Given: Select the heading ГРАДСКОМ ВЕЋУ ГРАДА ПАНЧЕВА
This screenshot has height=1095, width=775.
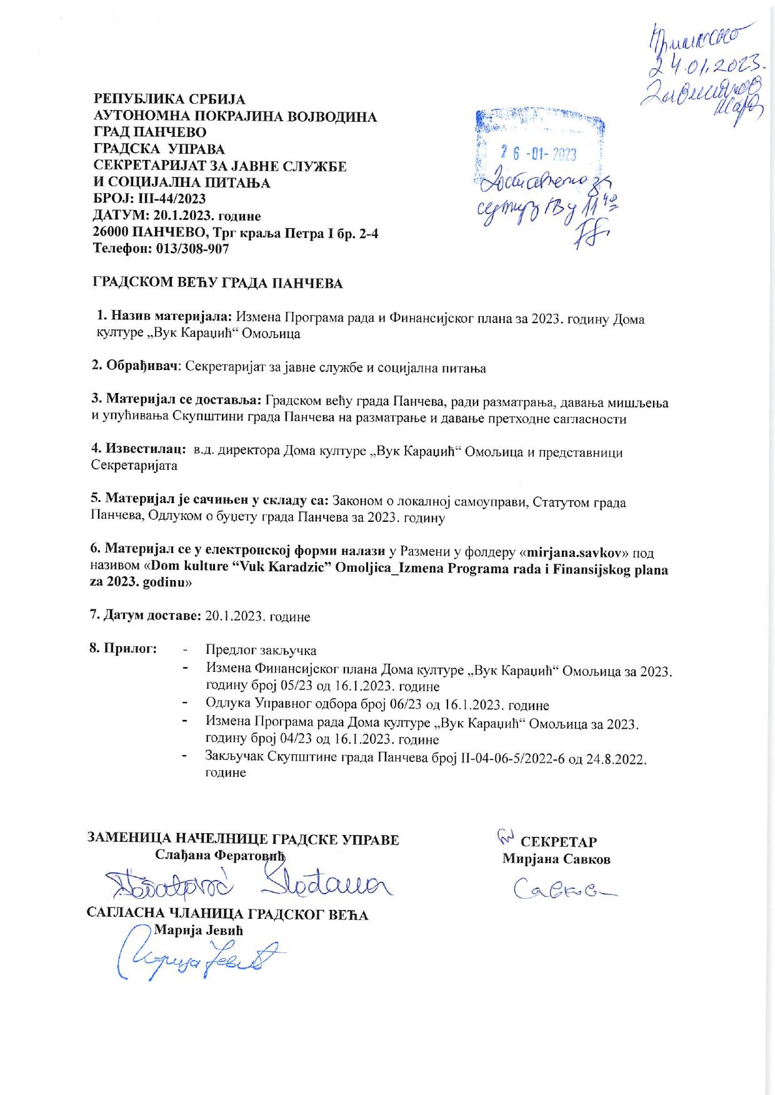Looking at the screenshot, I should point(218,283).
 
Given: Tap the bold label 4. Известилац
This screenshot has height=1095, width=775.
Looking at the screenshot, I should point(137,450).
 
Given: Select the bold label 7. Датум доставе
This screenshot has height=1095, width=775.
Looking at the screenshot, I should point(145,616).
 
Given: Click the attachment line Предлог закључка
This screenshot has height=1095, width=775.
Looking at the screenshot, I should point(261,650).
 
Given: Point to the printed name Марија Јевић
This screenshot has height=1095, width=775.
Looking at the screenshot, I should point(199,930).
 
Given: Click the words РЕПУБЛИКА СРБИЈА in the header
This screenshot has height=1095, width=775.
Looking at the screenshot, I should point(169,99).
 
